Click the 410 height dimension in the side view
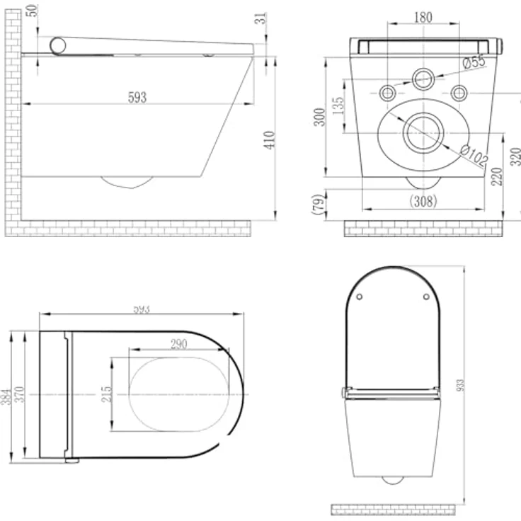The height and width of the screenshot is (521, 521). pyautogui.click(x=270, y=139)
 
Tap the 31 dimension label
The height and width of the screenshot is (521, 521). pyautogui.click(x=263, y=19)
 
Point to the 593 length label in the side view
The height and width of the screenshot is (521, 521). pyautogui.click(x=137, y=97)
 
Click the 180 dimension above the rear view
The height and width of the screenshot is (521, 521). pyautogui.click(x=423, y=18)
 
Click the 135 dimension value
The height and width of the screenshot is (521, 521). pyautogui.click(x=338, y=107)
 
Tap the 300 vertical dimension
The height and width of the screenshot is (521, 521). pyautogui.click(x=320, y=117)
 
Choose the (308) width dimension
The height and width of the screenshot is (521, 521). pyautogui.click(x=423, y=200)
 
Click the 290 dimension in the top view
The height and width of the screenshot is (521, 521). pyautogui.click(x=178, y=343)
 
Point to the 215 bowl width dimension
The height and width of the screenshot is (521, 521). pyautogui.click(x=107, y=394)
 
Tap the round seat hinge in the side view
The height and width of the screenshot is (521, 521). pyautogui.click(x=58, y=46)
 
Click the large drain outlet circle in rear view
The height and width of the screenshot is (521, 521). pyautogui.click(x=423, y=132)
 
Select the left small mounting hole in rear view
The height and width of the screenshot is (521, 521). pyautogui.click(x=387, y=93)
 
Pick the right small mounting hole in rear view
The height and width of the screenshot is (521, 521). pyautogui.click(x=459, y=93)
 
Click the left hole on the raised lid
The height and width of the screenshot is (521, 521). pyautogui.click(x=360, y=296)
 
